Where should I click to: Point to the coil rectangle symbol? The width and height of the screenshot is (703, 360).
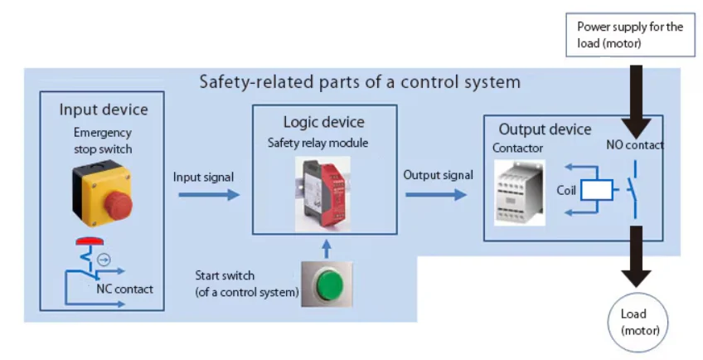[596, 190]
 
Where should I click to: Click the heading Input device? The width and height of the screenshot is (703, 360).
[103, 109]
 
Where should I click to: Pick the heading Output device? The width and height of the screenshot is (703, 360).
[545, 129]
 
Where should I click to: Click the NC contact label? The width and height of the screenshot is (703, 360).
[124, 289]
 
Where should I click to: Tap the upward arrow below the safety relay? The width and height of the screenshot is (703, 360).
[326, 248]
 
